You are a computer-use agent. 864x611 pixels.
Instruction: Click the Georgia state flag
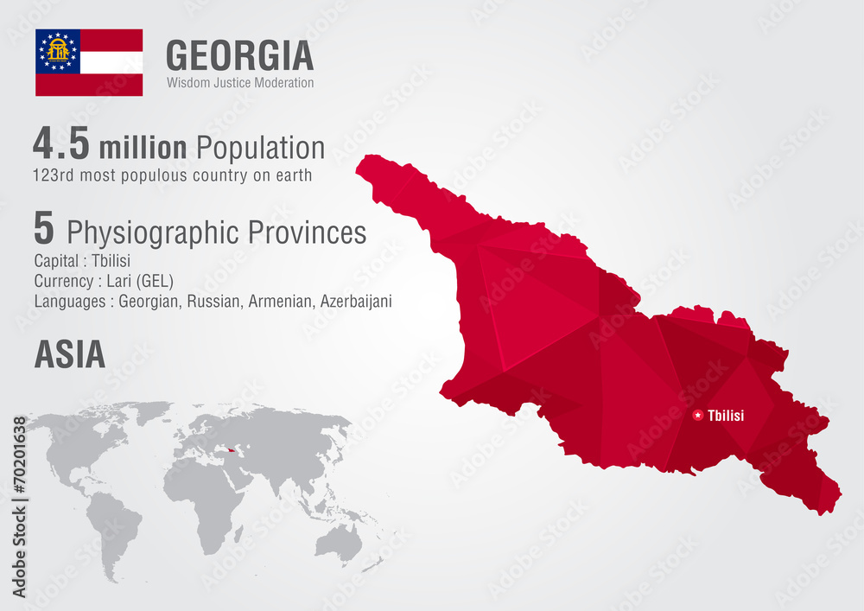coord(89,62)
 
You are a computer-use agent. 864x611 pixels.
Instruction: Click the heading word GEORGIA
coord(239,55)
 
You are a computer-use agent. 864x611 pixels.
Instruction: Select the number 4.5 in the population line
coord(61,144)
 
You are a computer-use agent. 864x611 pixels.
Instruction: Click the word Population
coord(260,148)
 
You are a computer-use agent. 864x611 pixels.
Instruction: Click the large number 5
coord(44,229)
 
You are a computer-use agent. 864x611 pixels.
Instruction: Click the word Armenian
coord(281,302)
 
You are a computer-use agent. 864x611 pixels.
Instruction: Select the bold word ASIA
coord(69,354)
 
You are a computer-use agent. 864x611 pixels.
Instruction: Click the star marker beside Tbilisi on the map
coord(698,416)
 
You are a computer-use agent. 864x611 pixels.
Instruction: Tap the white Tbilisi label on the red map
coord(726,416)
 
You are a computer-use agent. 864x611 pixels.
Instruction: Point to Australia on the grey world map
coord(339,542)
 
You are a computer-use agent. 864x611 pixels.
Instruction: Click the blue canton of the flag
coord(58,51)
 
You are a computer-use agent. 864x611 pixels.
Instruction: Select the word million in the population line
coord(143,148)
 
